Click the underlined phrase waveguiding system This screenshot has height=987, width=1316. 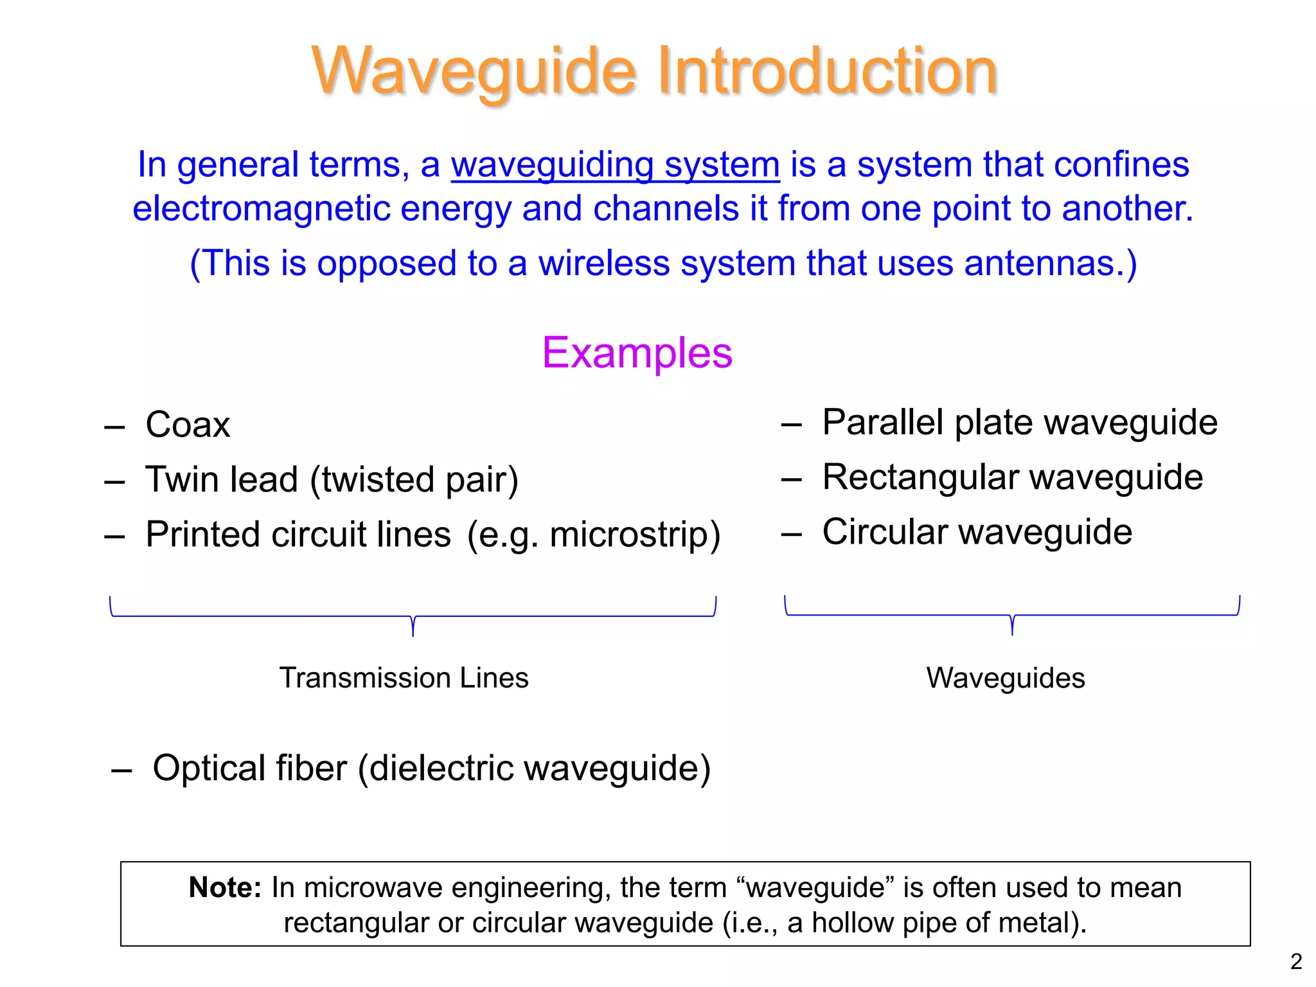615,164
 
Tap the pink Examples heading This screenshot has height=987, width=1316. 637,353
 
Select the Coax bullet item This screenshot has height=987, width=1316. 188,425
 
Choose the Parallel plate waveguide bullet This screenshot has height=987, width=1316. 1019,423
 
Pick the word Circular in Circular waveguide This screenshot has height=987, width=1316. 885,532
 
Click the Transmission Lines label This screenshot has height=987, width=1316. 404,678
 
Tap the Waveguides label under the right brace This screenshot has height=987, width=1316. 1005,678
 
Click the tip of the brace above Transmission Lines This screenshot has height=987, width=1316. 413,633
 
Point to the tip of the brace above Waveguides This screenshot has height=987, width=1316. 1012,632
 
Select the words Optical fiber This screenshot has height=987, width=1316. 249,768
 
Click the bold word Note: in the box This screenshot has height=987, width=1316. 225,887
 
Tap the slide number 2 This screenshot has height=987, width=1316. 1296,961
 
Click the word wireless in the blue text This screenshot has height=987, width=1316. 603,263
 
